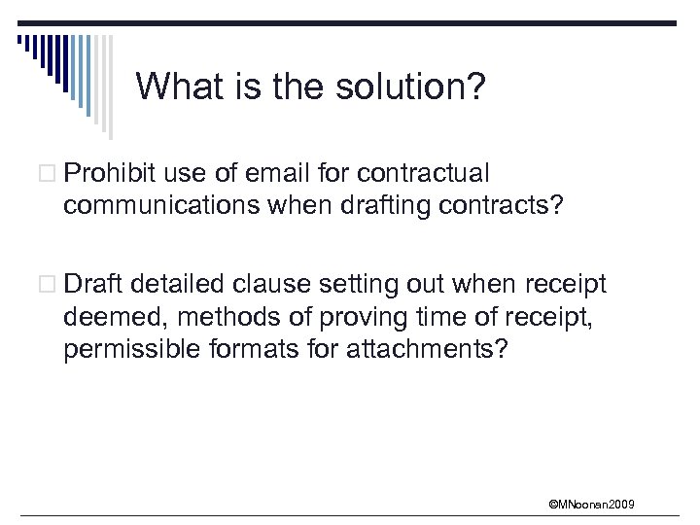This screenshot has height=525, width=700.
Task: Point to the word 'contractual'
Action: pyautogui.click(x=423, y=173)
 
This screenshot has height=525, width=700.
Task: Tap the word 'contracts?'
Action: pyautogui.click(x=513, y=206)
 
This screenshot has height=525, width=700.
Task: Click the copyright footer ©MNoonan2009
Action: pyautogui.click(x=591, y=504)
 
